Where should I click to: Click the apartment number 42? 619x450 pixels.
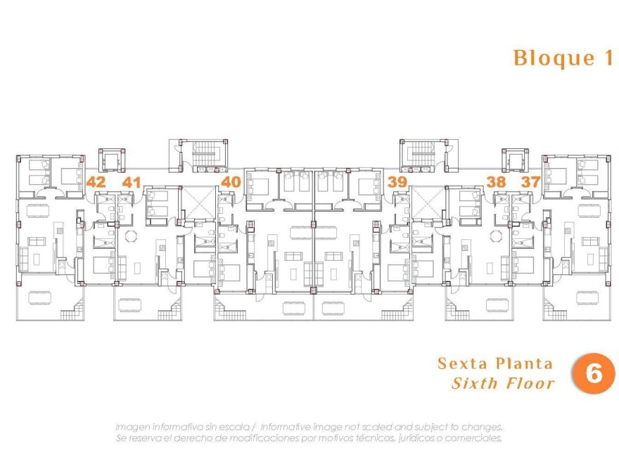pyautogui.click(x=96, y=182)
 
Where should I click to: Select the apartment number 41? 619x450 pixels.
pyautogui.click(x=132, y=182)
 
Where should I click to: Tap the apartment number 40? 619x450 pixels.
pyautogui.click(x=230, y=182)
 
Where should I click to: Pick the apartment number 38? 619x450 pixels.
pyautogui.click(x=497, y=182)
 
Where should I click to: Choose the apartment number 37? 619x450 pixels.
pyautogui.click(x=530, y=182)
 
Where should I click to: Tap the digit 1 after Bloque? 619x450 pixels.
pyautogui.click(x=608, y=58)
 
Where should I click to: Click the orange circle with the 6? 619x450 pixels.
pyautogui.click(x=594, y=373)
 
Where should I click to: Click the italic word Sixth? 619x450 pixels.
pyautogui.click(x=475, y=383)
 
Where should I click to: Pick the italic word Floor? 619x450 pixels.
pyautogui.click(x=531, y=383)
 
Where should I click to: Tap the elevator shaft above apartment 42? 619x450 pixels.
pyautogui.click(x=112, y=161)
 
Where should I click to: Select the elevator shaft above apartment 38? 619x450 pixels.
pyautogui.click(x=513, y=161)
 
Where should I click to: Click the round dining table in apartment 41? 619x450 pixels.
pyautogui.click(x=129, y=236)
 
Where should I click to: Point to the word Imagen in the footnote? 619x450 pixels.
pyautogui.click(x=134, y=427)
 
